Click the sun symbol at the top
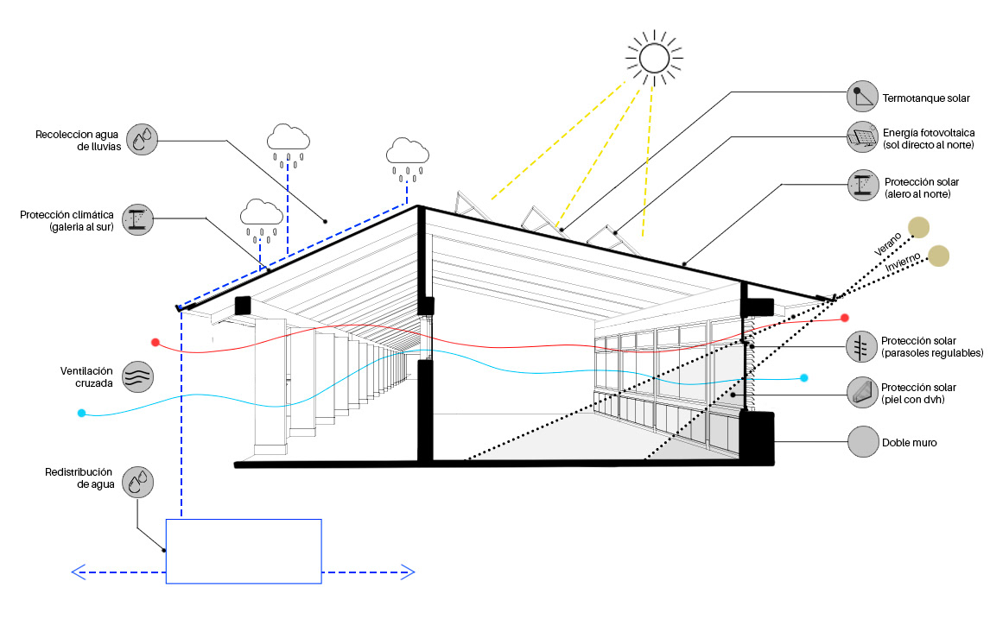pos(654,58)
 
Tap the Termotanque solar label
pos(926,98)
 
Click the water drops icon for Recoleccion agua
pos(143,139)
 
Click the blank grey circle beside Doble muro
pos(862,442)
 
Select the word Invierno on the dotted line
pos(904,264)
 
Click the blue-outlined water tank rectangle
pos(244,551)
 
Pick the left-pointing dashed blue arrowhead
pos(79,572)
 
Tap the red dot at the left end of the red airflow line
pos(155,342)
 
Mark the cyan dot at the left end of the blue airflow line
pos(81,414)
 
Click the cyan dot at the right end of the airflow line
pos(804,378)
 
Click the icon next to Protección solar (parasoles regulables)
pos(862,347)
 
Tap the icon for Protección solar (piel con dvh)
pos(862,393)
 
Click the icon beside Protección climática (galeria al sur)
pos(138,220)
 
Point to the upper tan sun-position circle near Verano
pos(918,227)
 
